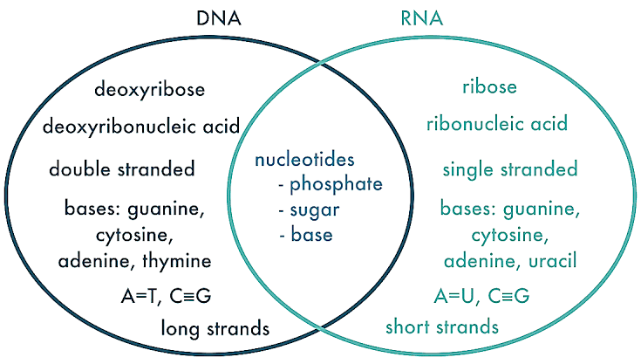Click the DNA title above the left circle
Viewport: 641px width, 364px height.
click(220, 18)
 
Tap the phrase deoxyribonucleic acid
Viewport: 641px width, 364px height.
click(141, 128)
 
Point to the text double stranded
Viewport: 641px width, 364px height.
click(121, 168)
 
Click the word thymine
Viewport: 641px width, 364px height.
click(180, 260)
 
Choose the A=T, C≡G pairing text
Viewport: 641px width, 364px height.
click(166, 296)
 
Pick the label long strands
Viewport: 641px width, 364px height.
click(215, 328)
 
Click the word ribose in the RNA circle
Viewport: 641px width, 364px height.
click(489, 87)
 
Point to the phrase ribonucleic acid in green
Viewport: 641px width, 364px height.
click(497, 124)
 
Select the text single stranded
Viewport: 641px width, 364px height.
click(509, 168)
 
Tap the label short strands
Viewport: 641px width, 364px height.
click(442, 327)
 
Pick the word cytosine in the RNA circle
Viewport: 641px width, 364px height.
click(509, 236)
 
